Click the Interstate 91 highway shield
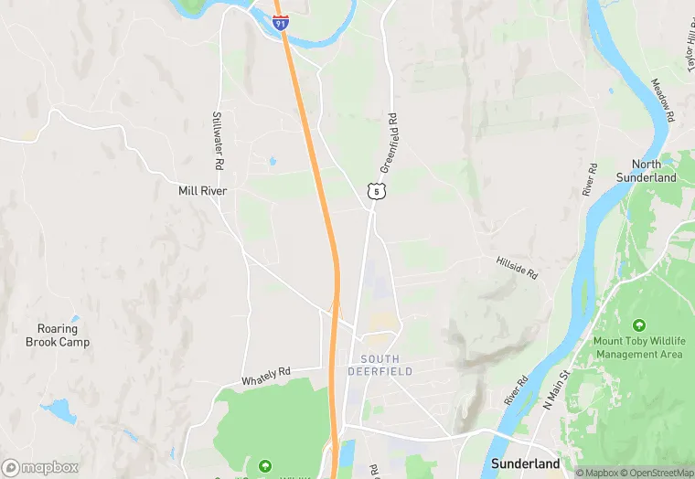(x=281, y=22)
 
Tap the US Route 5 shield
(x=374, y=190)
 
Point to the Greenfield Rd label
(x=389, y=144)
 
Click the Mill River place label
(x=202, y=191)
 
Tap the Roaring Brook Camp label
(x=58, y=335)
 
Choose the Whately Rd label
(x=265, y=376)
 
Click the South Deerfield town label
(x=380, y=365)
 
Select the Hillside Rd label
(x=517, y=267)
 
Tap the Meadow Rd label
(x=662, y=101)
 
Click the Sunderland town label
(x=525, y=463)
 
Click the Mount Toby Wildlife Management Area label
(x=638, y=347)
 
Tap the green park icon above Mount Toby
(x=638, y=325)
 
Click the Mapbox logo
(x=40, y=467)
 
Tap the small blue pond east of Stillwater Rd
(x=273, y=162)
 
